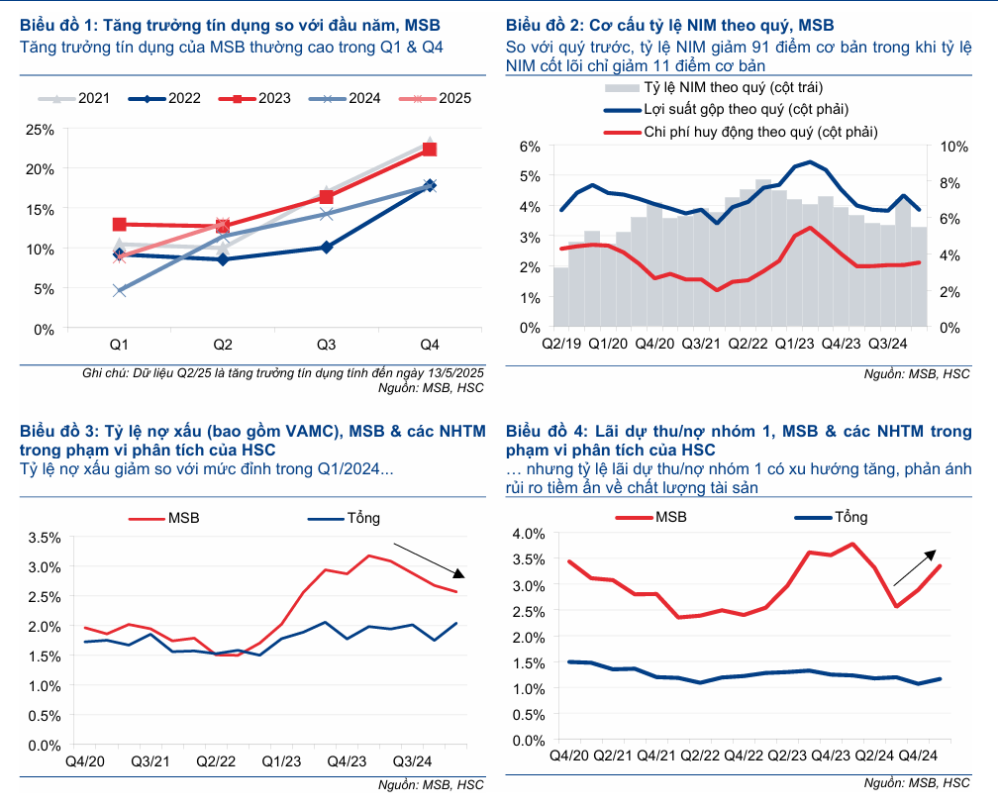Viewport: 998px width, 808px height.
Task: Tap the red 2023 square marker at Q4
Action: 430,149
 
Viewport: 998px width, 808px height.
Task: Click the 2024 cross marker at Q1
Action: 120,291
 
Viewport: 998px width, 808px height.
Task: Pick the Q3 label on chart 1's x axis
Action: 326,345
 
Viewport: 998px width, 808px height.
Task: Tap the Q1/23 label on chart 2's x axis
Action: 794,344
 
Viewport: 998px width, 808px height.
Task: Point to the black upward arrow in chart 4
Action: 915,567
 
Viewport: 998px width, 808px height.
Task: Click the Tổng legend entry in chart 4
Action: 836,517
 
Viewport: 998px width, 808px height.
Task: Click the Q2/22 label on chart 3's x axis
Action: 216,761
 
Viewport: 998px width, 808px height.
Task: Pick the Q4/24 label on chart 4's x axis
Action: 918,756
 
